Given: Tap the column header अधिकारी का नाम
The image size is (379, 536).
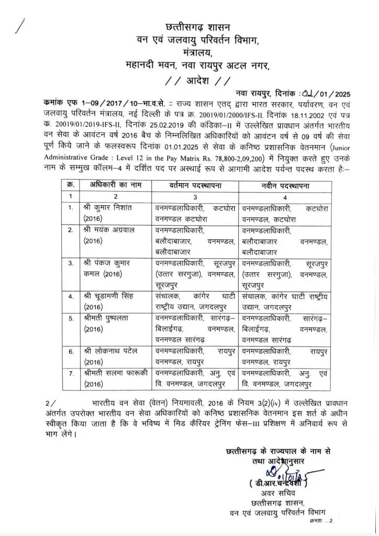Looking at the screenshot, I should click(x=112, y=185).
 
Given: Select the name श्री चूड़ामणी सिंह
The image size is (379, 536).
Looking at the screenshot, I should click(x=112, y=297).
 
